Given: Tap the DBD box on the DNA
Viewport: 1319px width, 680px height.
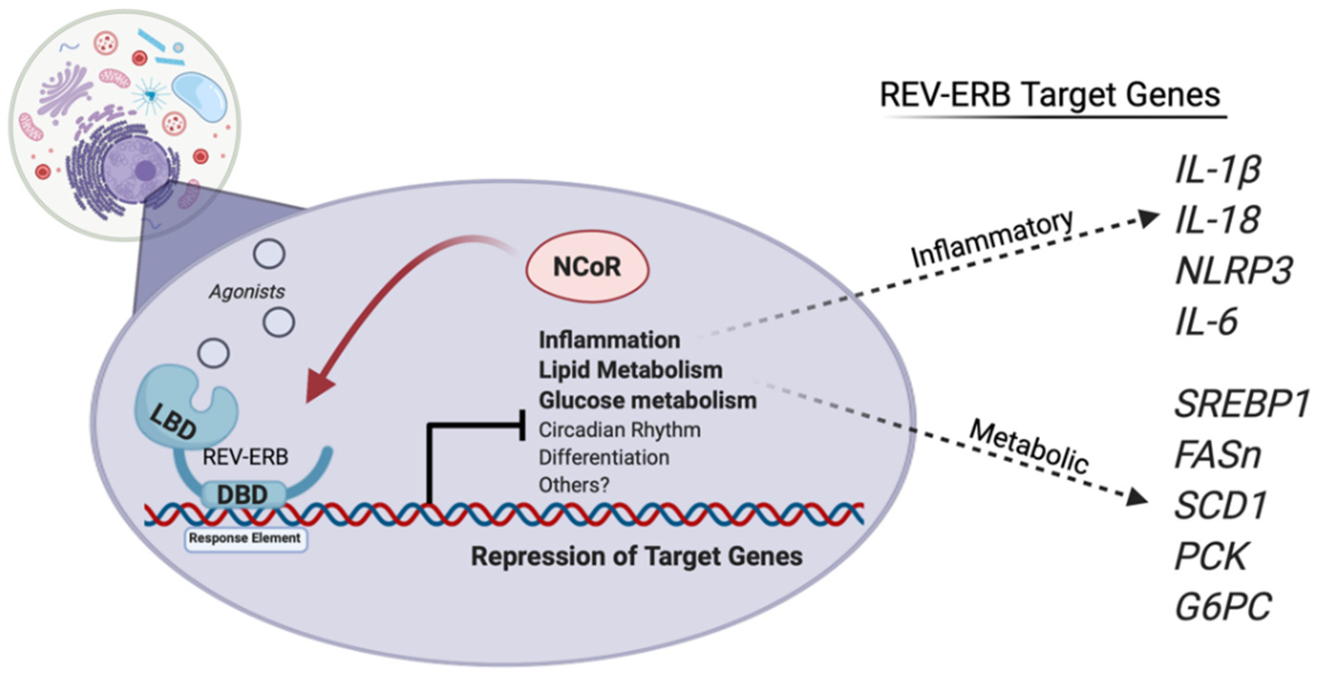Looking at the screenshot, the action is [x=243, y=495].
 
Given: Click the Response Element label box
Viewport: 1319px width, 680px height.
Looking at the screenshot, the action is [x=245, y=539].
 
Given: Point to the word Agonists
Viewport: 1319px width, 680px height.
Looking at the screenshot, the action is [x=247, y=292].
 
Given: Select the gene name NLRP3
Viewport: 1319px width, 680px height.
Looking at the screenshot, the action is [x=1234, y=270].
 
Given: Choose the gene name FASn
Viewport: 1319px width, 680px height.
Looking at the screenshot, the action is [x=1217, y=455].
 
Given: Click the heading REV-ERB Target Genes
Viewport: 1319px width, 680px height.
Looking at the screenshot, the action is [x=1050, y=95].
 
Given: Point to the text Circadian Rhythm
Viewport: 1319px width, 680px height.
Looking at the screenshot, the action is [x=620, y=430].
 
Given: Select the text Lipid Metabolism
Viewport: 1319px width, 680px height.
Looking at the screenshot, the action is [x=630, y=370].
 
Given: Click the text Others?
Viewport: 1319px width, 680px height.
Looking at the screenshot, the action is [x=574, y=485].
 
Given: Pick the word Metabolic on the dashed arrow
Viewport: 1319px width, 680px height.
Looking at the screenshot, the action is [x=1028, y=446].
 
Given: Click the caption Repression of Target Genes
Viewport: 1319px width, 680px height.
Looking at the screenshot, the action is [x=636, y=556].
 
